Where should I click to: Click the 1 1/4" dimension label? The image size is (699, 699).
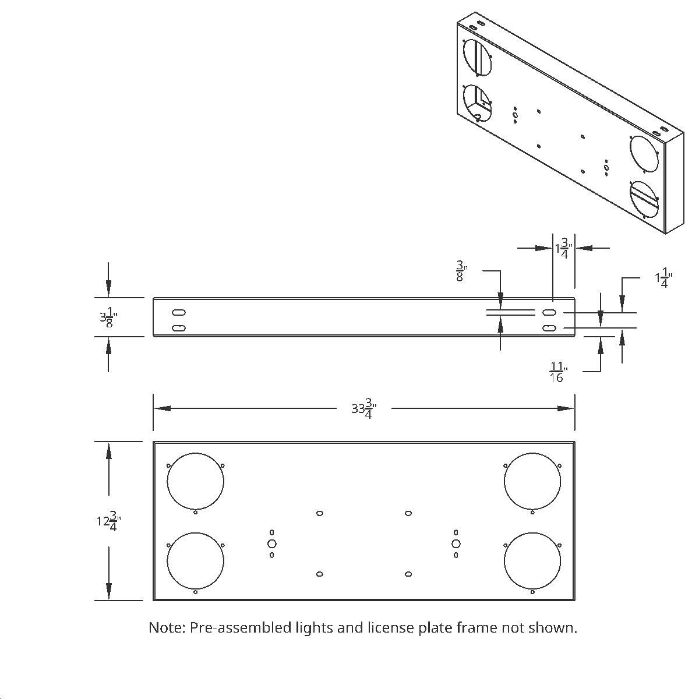(663, 280)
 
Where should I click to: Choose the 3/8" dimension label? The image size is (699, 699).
(460, 272)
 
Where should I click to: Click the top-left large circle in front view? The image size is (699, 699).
(195, 481)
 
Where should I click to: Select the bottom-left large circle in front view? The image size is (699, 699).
(195, 560)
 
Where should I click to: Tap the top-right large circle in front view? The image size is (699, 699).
(532, 481)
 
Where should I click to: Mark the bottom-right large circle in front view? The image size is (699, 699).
(532, 560)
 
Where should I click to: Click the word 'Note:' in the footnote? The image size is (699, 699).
(167, 627)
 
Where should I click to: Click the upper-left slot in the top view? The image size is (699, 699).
(179, 312)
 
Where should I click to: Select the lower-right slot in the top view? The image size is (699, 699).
(549, 329)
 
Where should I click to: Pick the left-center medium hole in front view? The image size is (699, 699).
(271, 543)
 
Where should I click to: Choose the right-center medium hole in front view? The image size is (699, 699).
(456, 543)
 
